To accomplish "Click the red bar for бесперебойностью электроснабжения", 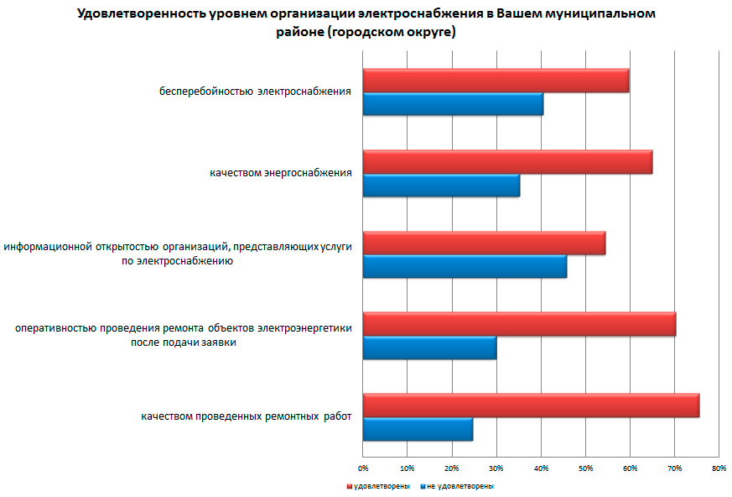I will coord(496,81).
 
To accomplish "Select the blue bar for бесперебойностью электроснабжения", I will coord(453,104).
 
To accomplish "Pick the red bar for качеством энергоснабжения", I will coord(507,162).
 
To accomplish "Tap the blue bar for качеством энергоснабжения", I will coord(441,185).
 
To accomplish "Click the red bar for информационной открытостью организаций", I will coord(484,243).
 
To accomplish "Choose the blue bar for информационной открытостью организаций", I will coord(465,266).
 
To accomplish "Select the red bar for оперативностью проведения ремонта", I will coord(519,324).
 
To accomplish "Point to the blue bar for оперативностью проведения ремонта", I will coord(429,347).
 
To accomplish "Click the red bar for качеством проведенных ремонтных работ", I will coord(531,405).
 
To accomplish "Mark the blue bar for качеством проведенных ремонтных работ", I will coord(418,428).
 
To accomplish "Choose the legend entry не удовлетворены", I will coord(460,486).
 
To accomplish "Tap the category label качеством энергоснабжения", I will coord(280,174).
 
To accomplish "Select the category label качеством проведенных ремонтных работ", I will coord(247,416).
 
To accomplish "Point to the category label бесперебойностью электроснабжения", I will coord(255,92).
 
